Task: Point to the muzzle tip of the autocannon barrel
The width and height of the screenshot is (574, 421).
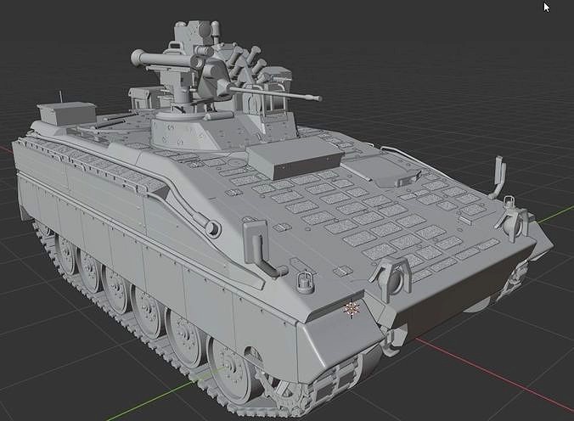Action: tap(319, 98)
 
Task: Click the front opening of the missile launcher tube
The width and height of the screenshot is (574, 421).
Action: tap(136, 58)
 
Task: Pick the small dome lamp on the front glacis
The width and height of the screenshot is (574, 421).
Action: tap(304, 279)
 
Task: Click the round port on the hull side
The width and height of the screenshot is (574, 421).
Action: tap(211, 227)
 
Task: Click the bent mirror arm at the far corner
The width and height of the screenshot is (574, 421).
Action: tap(499, 174)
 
